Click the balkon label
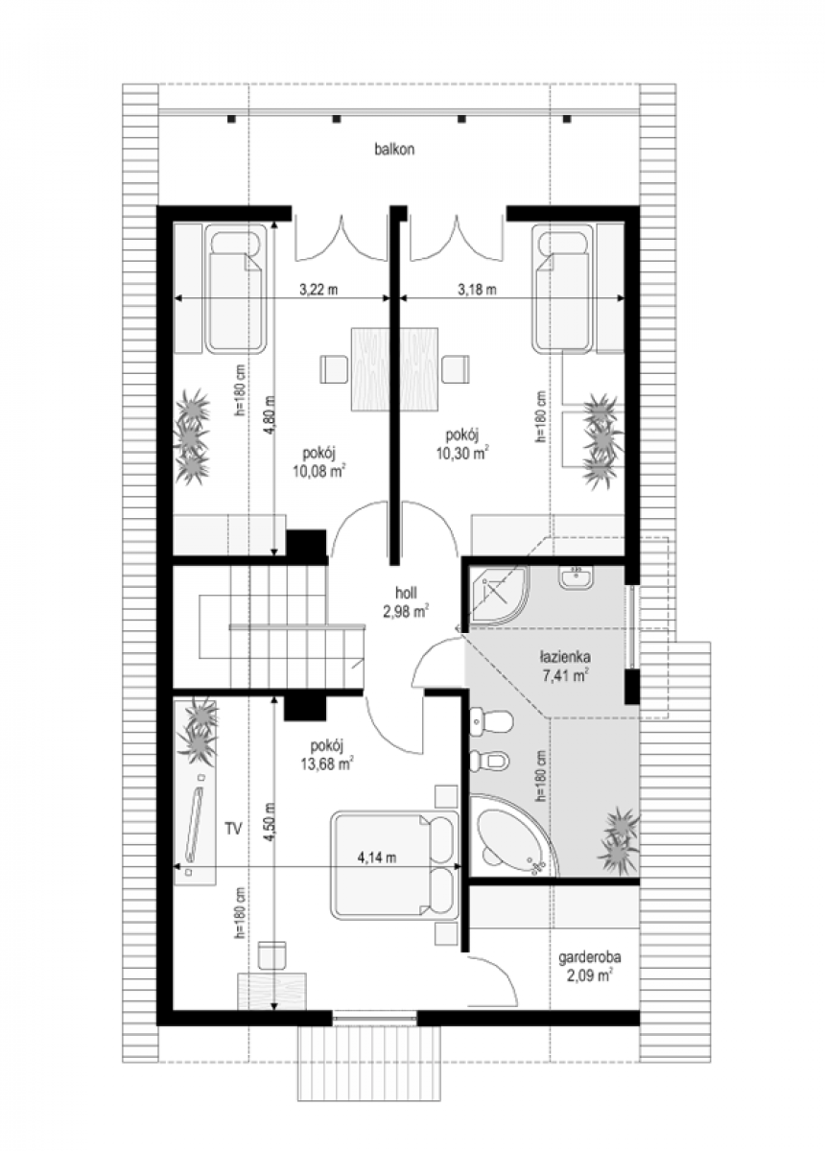tap(394, 150)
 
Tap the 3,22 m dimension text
tap(318, 290)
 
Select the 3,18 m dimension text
tap(478, 290)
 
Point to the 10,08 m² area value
tap(318, 471)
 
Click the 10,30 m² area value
tap(462, 453)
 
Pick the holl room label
tap(406, 593)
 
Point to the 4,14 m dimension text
tap(377, 857)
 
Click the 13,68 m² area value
tap(327, 764)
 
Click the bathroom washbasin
tap(577, 577)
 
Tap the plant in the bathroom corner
tap(620, 841)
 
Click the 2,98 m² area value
tap(406, 611)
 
